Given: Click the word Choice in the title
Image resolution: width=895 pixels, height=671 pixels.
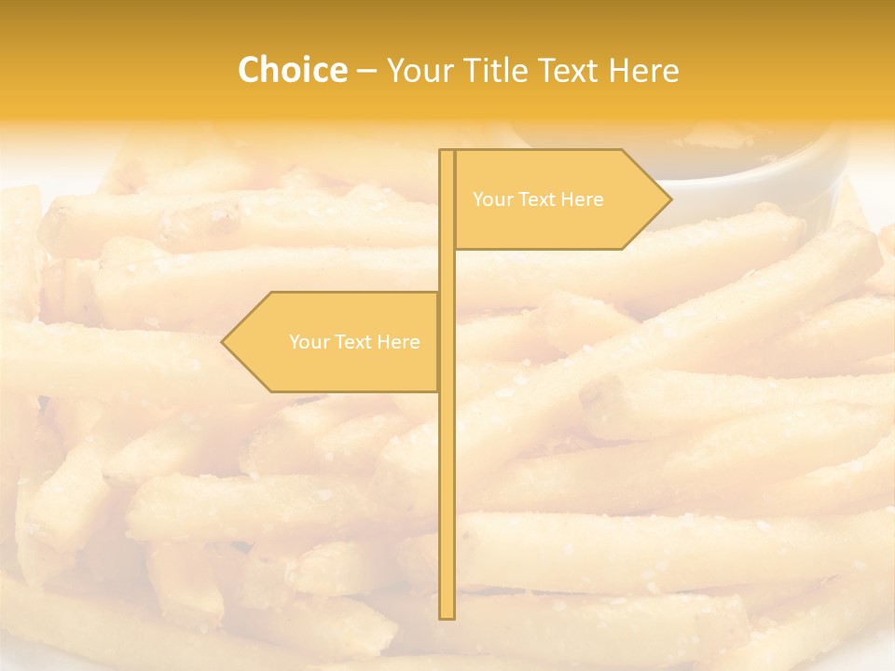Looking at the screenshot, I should [x=292, y=71].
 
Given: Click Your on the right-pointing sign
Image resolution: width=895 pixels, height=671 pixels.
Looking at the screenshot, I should [x=492, y=199].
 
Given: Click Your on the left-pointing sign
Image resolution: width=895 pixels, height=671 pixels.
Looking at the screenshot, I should [x=309, y=342].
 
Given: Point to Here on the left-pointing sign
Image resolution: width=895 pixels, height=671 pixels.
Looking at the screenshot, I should [x=398, y=342].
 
